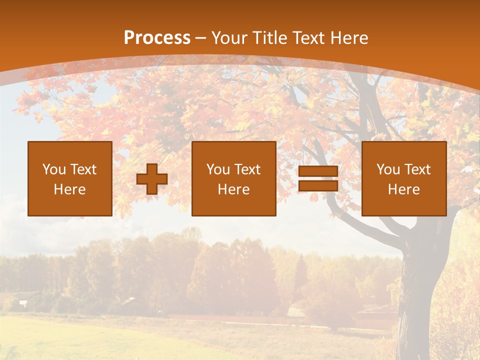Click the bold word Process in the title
tap(157, 38)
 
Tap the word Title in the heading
tap(269, 38)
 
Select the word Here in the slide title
tap(350, 38)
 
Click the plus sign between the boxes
tap(152, 179)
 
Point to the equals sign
tap(318, 178)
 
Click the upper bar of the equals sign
tap(318, 171)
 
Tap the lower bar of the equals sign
tap(318, 185)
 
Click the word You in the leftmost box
tap(54, 169)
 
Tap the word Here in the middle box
tap(233, 189)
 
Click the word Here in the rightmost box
tap(403, 189)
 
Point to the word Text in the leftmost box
tap(83, 169)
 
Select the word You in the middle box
tap(218, 169)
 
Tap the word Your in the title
tap(229, 38)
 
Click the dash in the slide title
tap(201, 38)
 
